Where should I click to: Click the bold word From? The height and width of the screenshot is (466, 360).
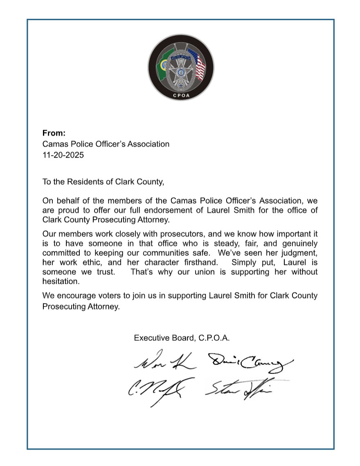tap(54, 133)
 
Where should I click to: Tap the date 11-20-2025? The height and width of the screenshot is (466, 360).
tap(63, 155)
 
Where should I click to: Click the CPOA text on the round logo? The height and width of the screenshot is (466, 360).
tap(180, 97)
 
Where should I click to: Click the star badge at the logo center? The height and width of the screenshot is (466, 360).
tap(180, 73)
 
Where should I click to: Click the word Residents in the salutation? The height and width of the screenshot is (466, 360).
tap(84, 181)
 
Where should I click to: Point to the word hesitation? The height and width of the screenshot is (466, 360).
tap(61, 282)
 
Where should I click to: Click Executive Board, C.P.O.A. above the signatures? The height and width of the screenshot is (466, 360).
tap(182, 338)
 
